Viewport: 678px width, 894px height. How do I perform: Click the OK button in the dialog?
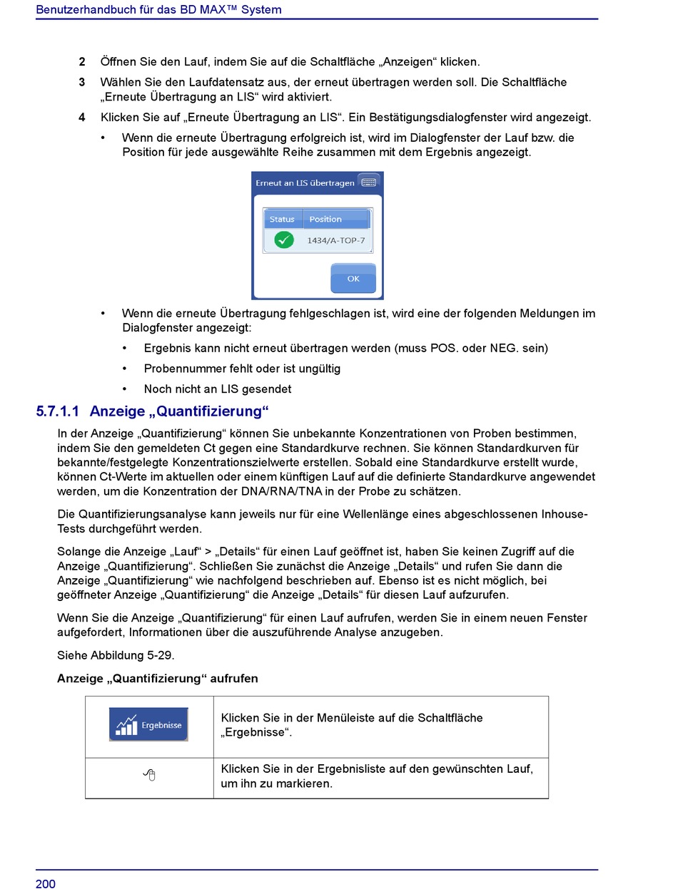pos(353,279)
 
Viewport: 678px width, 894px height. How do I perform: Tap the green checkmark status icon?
pos(284,240)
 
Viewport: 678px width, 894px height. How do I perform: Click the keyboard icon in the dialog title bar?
pos(369,183)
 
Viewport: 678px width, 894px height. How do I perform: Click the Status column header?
pos(282,219)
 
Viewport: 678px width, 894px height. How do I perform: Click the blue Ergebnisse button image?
pos(148,725)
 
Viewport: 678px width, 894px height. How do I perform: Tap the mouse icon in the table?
pos(149,775)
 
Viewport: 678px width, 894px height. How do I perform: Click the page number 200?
pos(46,884)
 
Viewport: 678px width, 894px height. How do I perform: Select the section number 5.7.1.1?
pos(58,411)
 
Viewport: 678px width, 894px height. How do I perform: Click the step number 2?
pos(82,62)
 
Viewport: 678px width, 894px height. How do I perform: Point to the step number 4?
pos(82,118)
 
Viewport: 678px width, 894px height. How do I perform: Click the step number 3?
pos(82,83)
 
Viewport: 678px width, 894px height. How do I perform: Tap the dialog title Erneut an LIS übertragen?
pos(305,183)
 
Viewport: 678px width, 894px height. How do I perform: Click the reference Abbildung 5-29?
pos(129,655)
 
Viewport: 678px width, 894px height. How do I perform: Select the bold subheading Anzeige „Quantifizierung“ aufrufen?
pos(158,679)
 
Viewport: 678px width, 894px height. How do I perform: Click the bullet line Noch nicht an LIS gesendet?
pos(218,389)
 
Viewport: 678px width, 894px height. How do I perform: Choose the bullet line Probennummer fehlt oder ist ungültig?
pos(242,369)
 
